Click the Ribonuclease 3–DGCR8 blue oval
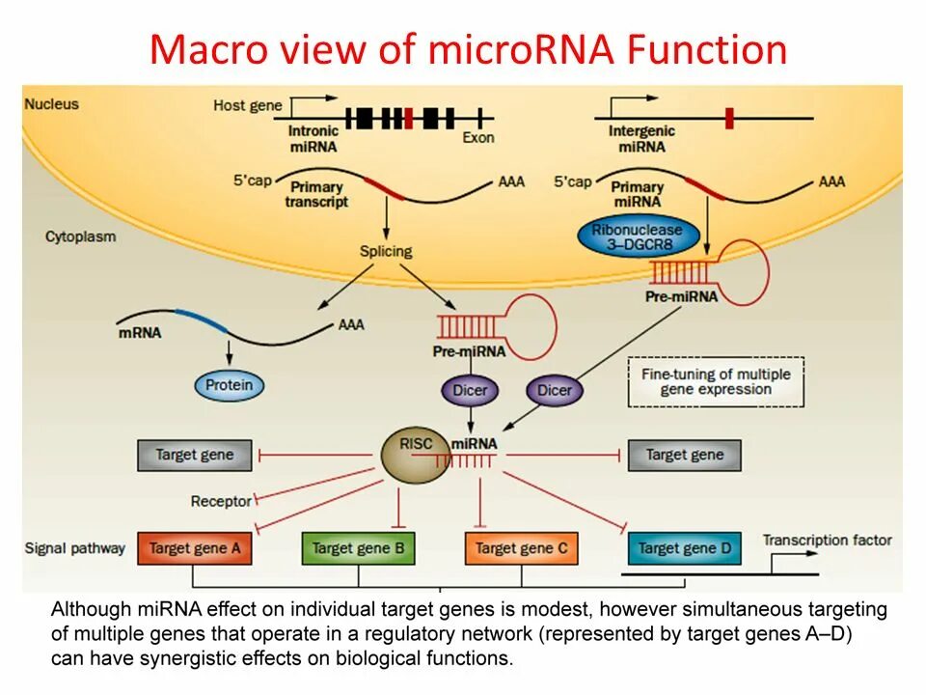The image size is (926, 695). pos(639,237)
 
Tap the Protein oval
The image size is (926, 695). pos(230,385)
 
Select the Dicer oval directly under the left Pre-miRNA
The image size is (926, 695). pos(470,390)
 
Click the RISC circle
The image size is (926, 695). pos(415,454)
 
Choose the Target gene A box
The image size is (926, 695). pos(195,548)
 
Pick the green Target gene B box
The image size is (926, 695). pos(359,548)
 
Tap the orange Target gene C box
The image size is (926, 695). pos(522,548)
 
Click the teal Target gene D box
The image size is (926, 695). pos(685,548)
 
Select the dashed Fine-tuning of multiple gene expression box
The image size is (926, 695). pos(716,382)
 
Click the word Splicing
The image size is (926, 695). pos(386,251)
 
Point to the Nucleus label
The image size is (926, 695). pos(51,104)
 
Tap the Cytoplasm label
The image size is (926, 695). pos(81,236)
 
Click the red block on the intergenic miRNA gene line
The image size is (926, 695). pos(729,118)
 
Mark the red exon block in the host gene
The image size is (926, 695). pos(409,118)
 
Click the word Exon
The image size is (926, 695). pos(478,138)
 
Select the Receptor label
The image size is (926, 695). pos(222,501)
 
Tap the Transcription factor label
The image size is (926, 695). pos(828,541)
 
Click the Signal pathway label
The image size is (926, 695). pos(75,548)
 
